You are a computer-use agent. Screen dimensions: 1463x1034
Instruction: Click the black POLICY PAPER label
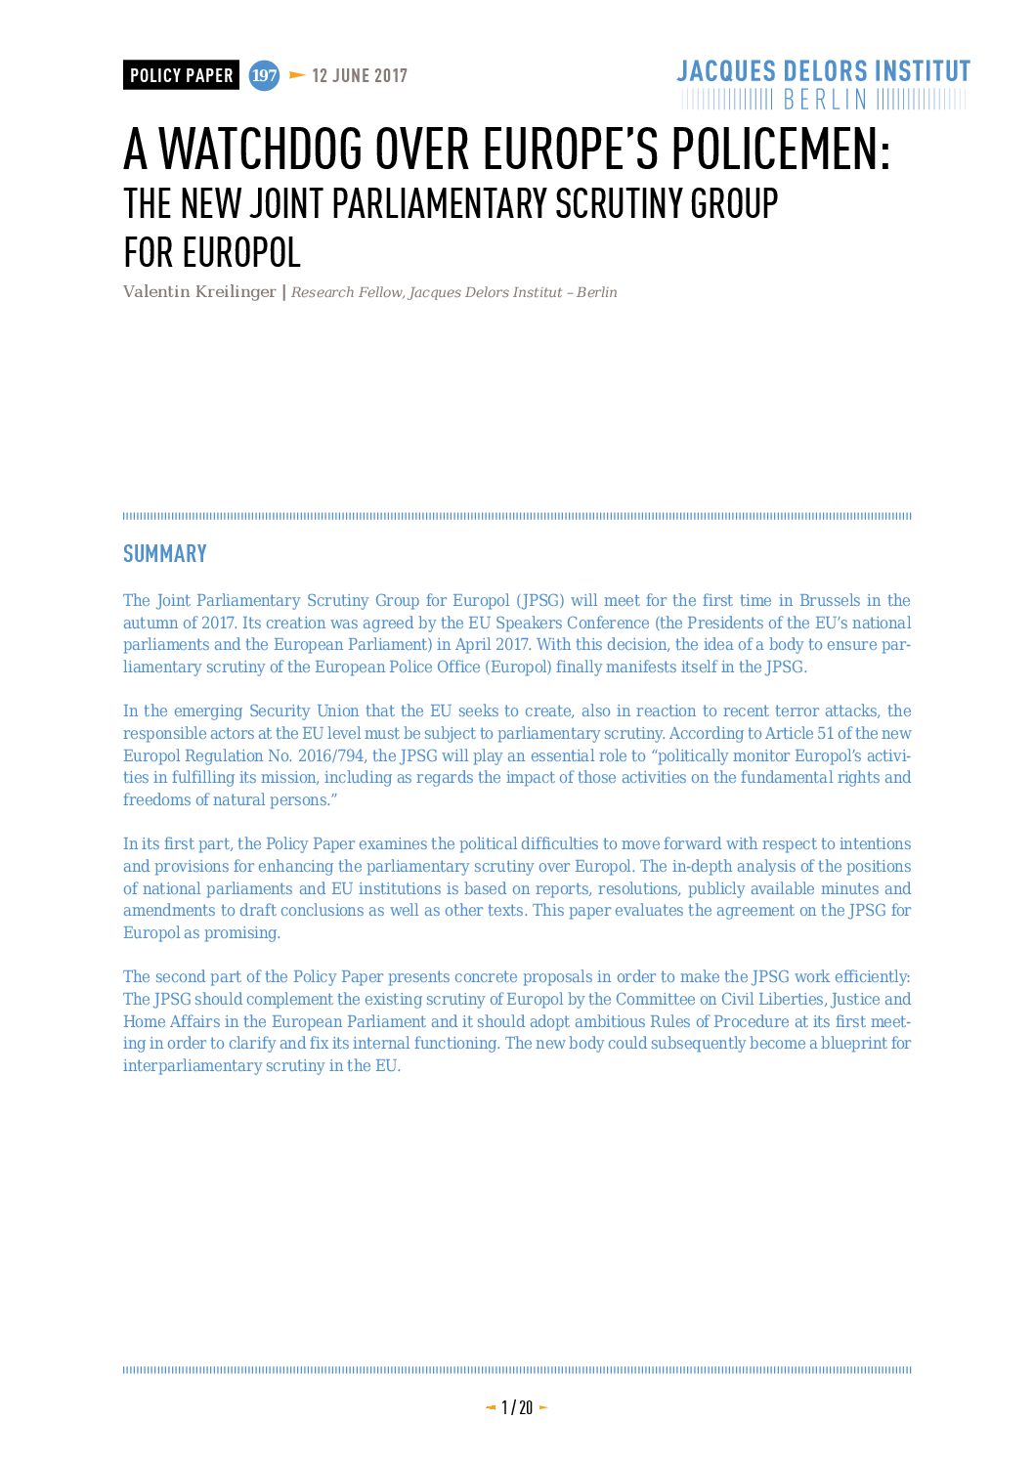(x=181, y=75)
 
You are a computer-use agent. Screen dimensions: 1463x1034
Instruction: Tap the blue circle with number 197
(x=264, y=75)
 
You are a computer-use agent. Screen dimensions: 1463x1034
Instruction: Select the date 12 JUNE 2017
(x=359, y=75)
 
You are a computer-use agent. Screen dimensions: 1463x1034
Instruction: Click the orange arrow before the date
(x=297, y=75)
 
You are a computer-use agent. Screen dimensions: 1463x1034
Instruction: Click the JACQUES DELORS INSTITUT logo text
(x=823, y=71)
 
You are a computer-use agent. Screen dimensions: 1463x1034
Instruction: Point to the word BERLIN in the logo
(x=825, y=100)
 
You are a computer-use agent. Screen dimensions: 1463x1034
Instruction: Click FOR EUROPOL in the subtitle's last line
(x=211, y=253)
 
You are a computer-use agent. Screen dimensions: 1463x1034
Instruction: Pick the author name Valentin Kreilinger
(x=199, y=292)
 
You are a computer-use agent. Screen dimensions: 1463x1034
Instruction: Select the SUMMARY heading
(x=164, y=554)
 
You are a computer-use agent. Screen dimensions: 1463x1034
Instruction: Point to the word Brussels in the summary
(x=830, y=601)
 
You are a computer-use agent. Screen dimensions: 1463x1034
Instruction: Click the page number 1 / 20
(x=516, y=1407)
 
